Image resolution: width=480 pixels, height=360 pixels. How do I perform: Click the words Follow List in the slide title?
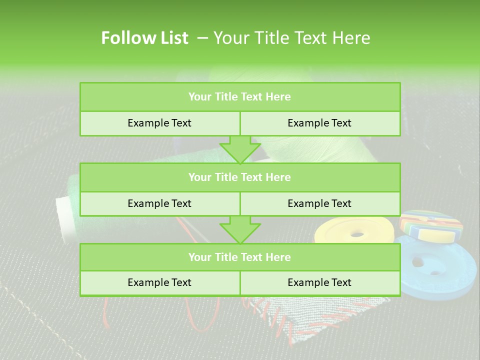point(144,38)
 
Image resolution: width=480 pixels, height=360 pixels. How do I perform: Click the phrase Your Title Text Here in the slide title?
point(291,38)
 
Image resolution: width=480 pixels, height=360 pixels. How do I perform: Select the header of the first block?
point(239,97)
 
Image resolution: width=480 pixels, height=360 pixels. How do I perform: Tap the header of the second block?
point(239,177)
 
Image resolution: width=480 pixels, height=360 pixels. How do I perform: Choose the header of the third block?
point(239,257)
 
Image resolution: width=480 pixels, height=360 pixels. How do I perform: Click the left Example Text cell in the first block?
point(159,123)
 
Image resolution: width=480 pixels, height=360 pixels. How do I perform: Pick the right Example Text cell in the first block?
point(319,123)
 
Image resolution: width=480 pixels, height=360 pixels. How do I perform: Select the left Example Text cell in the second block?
point(159,203)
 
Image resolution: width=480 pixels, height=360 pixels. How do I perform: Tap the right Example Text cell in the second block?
point(319,203)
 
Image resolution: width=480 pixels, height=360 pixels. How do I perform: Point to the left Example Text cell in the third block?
point(159,282)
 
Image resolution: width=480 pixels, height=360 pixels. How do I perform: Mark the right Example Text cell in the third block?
point(319,282)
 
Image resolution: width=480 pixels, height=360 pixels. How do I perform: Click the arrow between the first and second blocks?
point(240,149)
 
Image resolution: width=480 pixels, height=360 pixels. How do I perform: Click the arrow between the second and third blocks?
point(240,229)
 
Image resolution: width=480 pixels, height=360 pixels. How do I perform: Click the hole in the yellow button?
point(357,233)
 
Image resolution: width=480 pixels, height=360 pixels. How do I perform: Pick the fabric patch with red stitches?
point(320,315)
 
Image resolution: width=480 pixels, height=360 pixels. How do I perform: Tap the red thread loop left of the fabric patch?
point(107,312)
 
